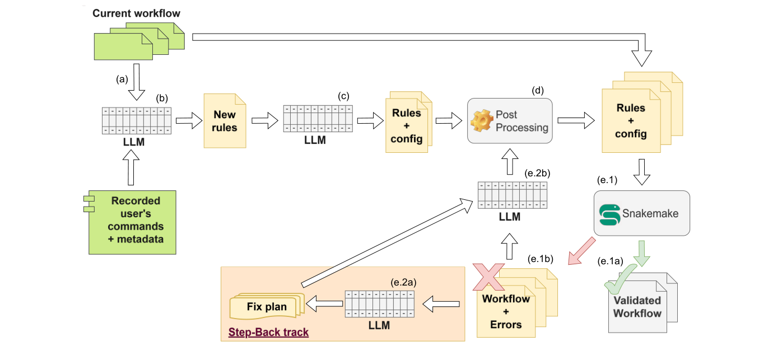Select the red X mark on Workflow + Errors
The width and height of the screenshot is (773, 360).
click(x=486, y=277)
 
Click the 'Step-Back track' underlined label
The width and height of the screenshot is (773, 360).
click(x=268, y=333)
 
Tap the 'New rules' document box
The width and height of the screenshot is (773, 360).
click(x=225, y=121)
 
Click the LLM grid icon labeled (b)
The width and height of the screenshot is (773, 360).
click(x=136, y=120)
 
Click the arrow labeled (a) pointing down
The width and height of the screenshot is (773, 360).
click(x=136, y=82)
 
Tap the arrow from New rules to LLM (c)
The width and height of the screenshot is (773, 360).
click(x=264, y=120)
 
